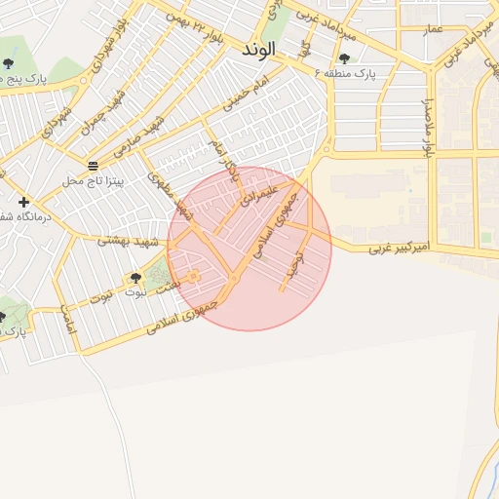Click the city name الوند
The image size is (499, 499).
click(258, 48)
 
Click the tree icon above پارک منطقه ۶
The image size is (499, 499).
click(344, 58)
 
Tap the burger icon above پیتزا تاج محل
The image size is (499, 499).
click(93, 167)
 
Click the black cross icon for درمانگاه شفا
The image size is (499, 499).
click(23, 202)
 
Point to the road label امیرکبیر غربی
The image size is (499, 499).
click(403, 249)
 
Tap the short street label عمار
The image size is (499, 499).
click(433, 30)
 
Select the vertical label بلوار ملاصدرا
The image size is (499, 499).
click(426, 122)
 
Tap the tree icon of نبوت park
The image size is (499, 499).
click(135, 279)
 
